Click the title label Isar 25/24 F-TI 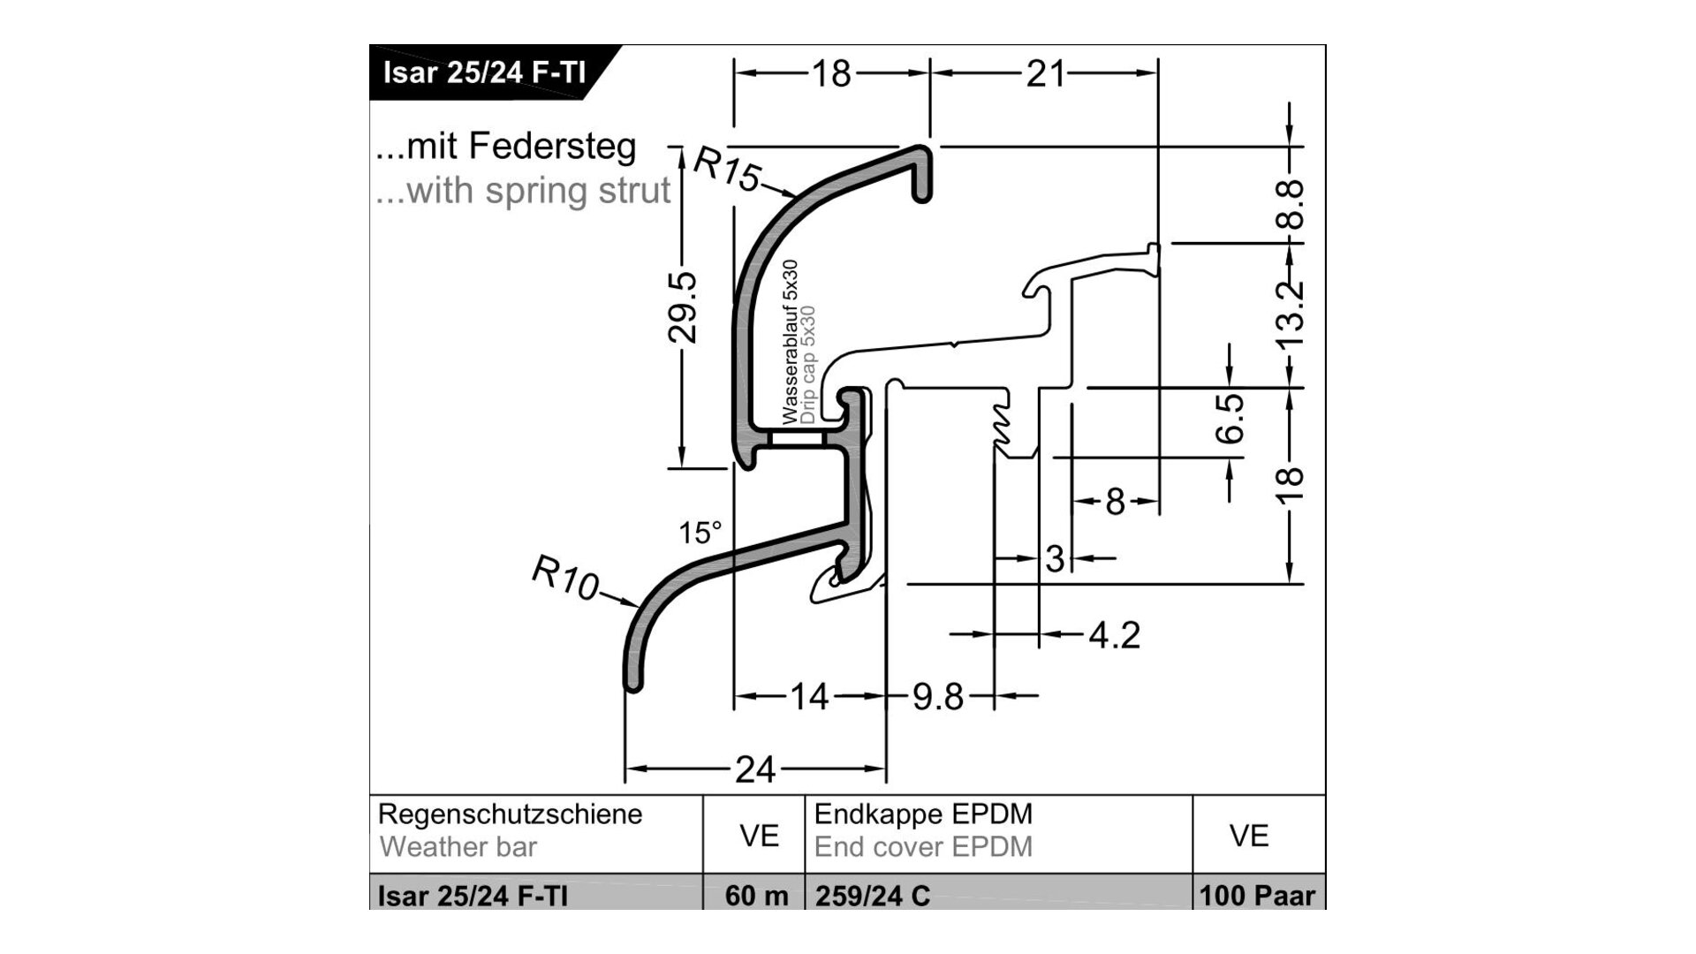click(483, 72)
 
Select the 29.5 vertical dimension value click(683, 307)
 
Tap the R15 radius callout click(726, 169)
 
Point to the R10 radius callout click(565, 579)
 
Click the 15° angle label click(700, 533)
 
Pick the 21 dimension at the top click(1046, 74)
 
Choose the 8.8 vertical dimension click(1291, 204)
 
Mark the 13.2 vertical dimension click(1291, 314)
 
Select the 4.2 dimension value click(1114, 635)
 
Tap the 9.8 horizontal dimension click(937, 697)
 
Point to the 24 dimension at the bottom click(755, 770)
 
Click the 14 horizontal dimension click(809, 697)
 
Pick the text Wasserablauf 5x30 click(789, 342)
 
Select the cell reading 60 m click(756, 896)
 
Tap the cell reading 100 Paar click(1258, 896)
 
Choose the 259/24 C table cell click(872, 896)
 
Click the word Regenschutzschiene click(510, 814)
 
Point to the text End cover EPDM click(923, 847)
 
